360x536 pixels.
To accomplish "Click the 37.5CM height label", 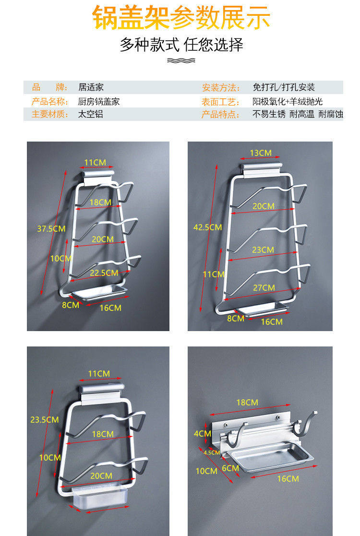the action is point(51,229).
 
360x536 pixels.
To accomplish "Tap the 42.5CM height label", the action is point(207,227).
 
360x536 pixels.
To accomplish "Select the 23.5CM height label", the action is point(45,420).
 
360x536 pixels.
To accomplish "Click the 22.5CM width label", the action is point(104,273).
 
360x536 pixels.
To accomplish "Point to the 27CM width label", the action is point(264,288).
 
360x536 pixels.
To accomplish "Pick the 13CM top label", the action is point(261,153).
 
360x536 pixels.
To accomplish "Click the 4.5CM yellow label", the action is point(211,453).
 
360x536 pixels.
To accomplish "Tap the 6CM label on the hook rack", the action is point(230,468).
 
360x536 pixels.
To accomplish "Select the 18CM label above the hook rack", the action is point(247,403).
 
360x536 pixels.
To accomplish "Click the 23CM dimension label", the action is point(263,250).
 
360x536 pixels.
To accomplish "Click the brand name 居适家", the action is point(91,87).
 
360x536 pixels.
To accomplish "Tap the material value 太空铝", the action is point(91,114).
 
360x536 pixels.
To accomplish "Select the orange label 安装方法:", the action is point(220,88).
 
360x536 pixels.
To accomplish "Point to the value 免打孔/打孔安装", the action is point(284,88).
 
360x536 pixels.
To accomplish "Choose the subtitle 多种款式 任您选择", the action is point(181,45).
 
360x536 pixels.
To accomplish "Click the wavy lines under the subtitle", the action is point(181,60).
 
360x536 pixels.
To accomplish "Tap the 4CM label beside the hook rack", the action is point(202,434).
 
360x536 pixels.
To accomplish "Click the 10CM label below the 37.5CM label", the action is point(60,258).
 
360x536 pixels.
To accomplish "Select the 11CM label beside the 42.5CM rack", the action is point(214,274).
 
